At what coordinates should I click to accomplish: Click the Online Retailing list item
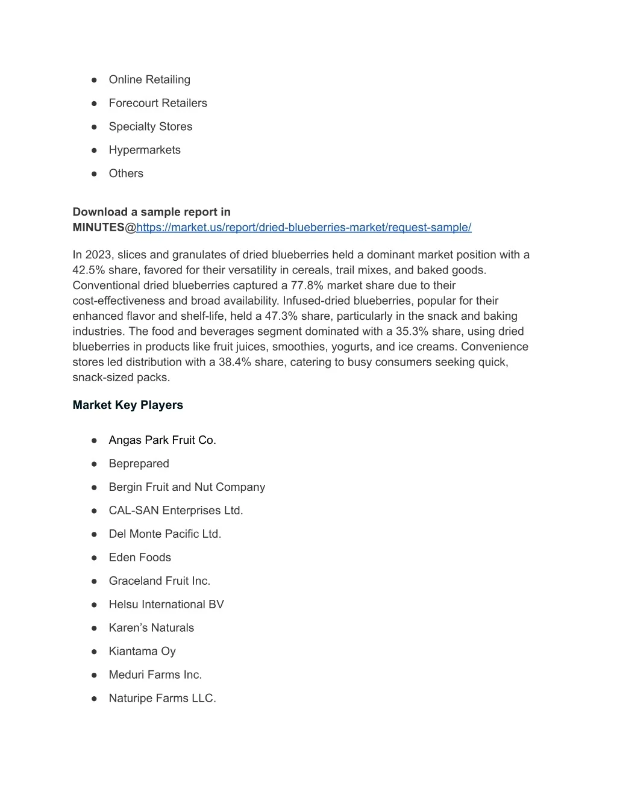(149, 79)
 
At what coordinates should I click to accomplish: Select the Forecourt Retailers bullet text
(157, 103)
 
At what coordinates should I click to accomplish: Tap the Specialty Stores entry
(150, 126)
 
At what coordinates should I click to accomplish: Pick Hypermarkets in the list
(144, 150)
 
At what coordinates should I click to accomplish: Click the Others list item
(126, 173)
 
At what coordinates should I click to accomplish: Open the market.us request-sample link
(304, 227)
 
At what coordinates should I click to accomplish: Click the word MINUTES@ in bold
(104, 227)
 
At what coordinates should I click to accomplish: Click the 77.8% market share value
(307, 285)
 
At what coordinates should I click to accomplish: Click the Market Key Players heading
(128, 405)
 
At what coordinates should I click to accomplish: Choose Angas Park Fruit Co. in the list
(162, 440)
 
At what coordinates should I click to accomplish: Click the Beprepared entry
(139, 464)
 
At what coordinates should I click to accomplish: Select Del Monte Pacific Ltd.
(164, 534)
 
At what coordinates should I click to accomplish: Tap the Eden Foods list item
(140, 558)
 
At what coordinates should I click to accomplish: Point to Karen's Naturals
(151, 628)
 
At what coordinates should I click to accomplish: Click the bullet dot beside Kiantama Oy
(94, 652)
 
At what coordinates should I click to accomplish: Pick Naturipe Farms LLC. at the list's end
(162, 699)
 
